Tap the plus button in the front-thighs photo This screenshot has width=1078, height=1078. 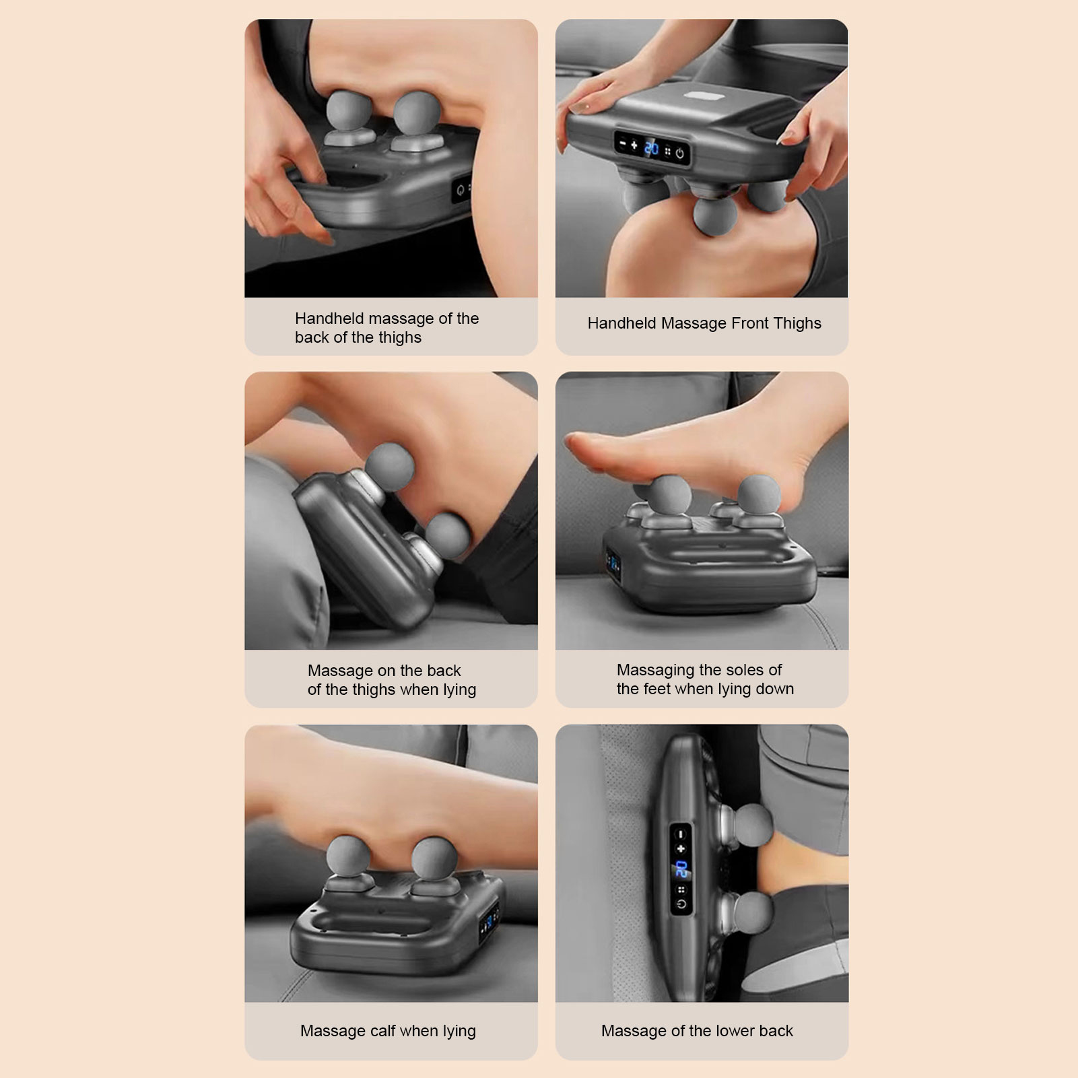click(634, 145)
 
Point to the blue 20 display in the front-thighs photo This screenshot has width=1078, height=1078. click(652, 148)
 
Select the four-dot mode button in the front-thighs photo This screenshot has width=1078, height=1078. click(667, 151)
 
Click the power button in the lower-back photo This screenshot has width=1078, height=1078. click(681, 904)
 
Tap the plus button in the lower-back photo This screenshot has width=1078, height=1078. click(681, 848)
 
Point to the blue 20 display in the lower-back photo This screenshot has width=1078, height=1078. click(681, 869)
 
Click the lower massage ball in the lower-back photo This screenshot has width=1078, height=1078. click(752, 915)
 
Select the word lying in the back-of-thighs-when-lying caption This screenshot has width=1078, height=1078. click(460, 690)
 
